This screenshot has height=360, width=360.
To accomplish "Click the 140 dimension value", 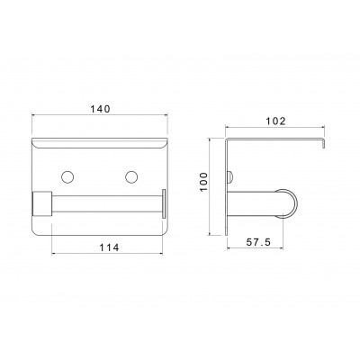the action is point(101,109).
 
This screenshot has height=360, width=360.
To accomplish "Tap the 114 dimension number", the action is point(110,247).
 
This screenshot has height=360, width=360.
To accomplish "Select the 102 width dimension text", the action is point(276,121).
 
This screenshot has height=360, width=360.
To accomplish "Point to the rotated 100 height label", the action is point(203,182).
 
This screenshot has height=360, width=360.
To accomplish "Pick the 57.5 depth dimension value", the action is point(258,242).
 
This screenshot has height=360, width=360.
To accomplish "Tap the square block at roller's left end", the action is point(42,203).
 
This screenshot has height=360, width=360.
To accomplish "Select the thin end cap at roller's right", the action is point(164,203).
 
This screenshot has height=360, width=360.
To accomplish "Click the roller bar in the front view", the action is point(107,203).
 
